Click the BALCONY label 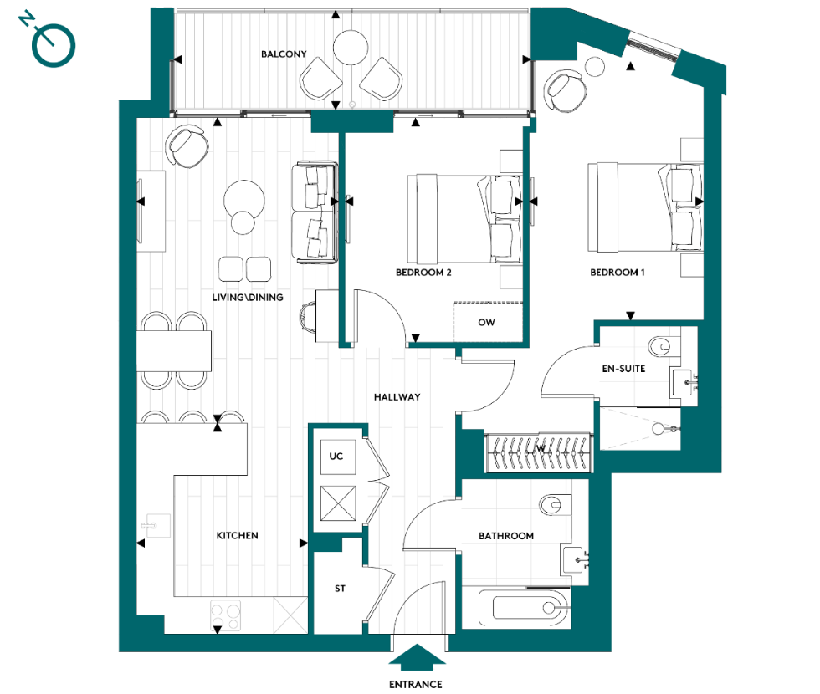(284, 54)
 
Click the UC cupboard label (336, 457)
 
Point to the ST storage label (340, 589)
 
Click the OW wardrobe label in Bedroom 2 (486, 322)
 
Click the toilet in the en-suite (660, 344)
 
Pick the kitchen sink (153, 525)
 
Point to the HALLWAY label (397, 397)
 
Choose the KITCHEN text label (237, 536)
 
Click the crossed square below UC (336, 505)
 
